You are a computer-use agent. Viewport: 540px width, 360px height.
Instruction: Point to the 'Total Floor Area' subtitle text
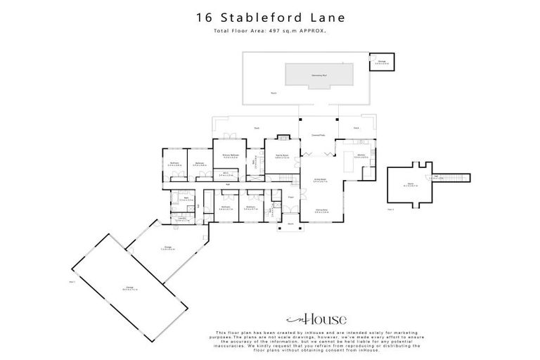[x=270, y=31]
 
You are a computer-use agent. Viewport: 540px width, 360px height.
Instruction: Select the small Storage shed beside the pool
[x=382, y=62]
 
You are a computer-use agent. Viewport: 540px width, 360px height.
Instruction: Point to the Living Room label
[x=321, y=181]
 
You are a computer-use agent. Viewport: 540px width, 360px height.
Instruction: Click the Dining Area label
[x=323, y=210]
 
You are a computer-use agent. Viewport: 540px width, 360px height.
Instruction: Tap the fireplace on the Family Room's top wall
[x=283, y=137]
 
